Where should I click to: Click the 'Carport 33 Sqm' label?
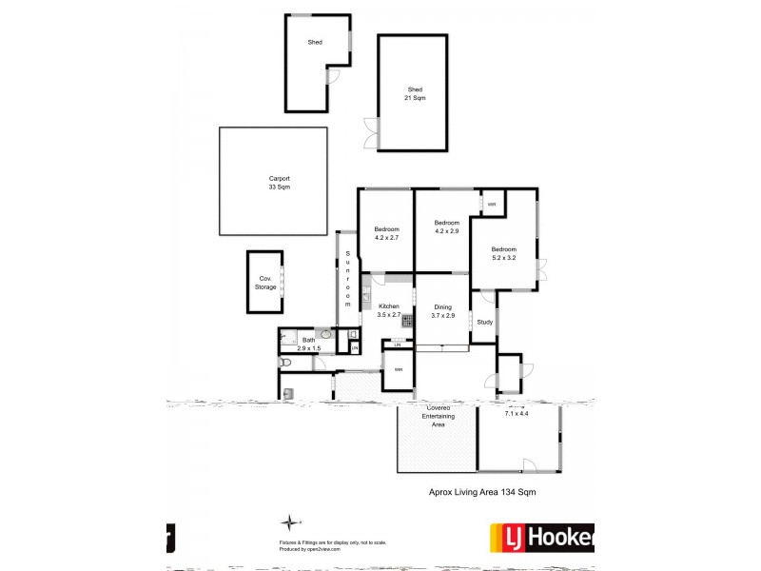click(x=279, y=183)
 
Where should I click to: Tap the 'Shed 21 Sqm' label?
click(x=416, y=93)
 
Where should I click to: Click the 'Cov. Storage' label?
click(x=266, y=283)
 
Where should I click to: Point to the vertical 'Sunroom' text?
click(x=348, y=277)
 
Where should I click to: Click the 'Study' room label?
click(x=484, y=322)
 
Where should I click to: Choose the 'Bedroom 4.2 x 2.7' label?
click(x=386, y=233)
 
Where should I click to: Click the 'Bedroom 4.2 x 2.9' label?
click(x=447, y=226)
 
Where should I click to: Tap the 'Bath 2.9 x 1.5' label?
click(x=308, y=345)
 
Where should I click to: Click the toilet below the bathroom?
click(x=286, y=364)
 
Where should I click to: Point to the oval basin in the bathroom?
click(x=325, y=334)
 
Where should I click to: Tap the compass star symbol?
click(x=289, y=522)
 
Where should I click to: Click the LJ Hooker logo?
click(x=540, y=538)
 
